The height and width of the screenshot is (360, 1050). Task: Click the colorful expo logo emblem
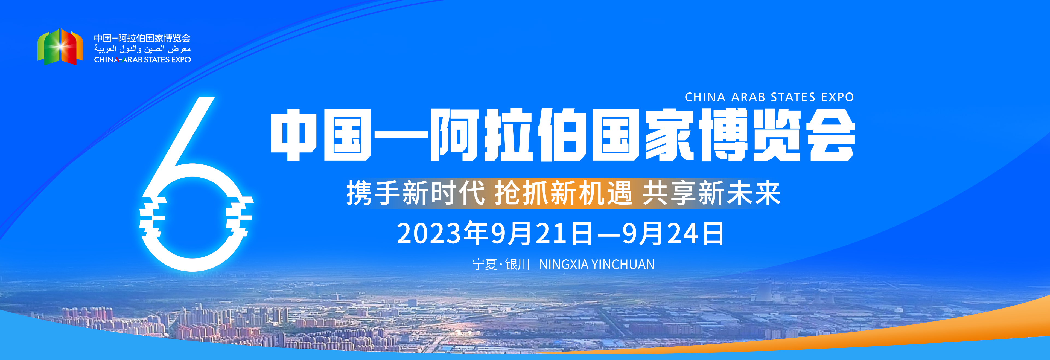pos(60,47)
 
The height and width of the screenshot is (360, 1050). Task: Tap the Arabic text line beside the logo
pos(142,49)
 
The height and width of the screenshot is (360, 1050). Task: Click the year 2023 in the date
pos(432,234)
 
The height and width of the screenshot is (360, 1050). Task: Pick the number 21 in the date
pos(552,234)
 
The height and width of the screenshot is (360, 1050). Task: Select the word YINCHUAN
pos(623,264)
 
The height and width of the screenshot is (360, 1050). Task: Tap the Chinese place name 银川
pos(517,264)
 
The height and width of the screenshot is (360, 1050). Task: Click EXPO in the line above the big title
pos(838,97)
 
